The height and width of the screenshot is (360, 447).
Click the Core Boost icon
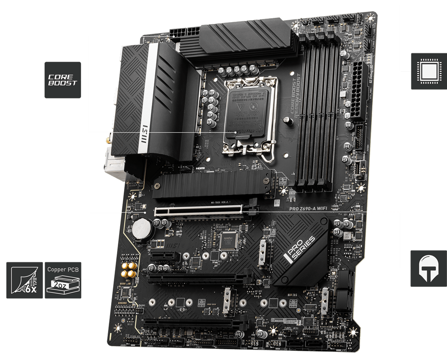point(63,80)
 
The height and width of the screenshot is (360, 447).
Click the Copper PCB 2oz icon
point(63,280)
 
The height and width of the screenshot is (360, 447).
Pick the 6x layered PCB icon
point(25,280)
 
